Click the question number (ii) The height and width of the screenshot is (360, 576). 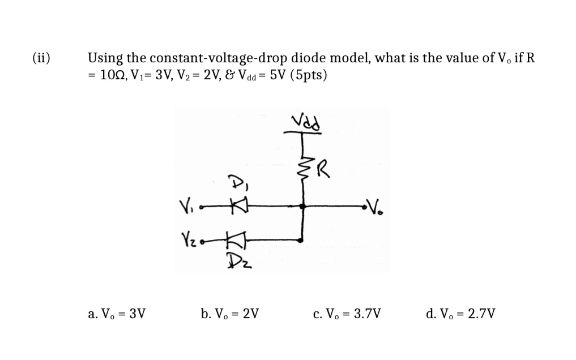coord(41,58)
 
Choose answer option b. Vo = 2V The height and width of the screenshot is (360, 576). coord(230,312)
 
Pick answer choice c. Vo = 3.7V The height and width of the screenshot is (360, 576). coord(347,312)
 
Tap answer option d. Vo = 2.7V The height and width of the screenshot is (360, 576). coord(460,312)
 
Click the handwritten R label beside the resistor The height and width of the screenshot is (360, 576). coord(322,168)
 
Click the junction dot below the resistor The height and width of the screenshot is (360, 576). coord(303,207)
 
